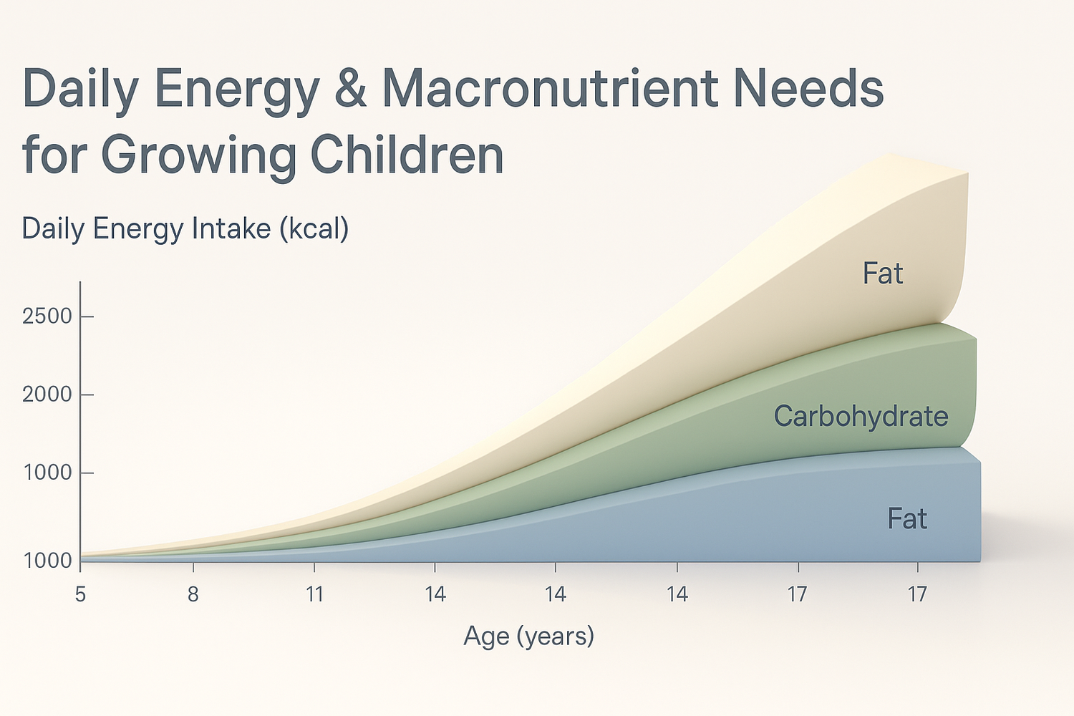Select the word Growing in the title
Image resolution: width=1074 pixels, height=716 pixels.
(x=198, y=155)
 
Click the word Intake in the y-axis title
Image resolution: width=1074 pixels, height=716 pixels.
(x=231, y=229)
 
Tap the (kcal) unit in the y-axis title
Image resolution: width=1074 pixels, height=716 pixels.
(x=314, y=230)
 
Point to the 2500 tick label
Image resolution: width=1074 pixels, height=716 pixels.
(x=47, y=316)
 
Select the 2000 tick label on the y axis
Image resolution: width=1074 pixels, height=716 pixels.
(x=47, y=395)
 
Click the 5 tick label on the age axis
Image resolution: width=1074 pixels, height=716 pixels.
(x=80, y=594)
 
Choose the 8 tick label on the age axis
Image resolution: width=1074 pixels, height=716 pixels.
(x=193, y=594)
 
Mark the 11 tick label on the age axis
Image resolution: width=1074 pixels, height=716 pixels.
(x=314, y=594)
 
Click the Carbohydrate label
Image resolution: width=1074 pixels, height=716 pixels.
(x=861, y=417)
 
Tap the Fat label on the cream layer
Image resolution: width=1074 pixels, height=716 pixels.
(x=883, y=274)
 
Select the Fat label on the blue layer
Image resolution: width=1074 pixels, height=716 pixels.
(x=907, y=519)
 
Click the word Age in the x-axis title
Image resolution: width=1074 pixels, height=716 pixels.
(x=485, y=636)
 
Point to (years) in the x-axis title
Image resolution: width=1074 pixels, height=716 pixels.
(x=556, y=636)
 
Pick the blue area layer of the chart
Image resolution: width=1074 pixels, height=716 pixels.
(x=716, y=523)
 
